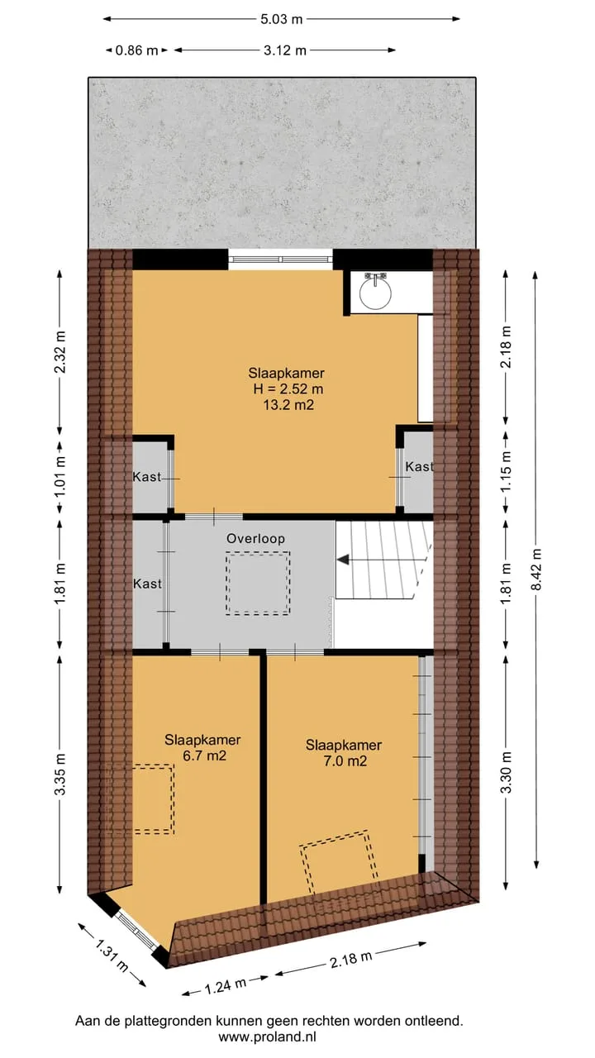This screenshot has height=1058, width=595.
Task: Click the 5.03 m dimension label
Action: click(x=282, y=19)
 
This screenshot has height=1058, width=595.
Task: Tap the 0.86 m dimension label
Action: click(x=136, y=50)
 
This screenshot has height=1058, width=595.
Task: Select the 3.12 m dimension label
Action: click(x=285, y=50)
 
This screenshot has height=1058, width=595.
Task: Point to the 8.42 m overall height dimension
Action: click(x=536, y=570)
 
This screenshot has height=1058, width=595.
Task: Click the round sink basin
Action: click(x=375, y=293)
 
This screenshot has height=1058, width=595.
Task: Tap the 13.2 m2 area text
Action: click(x=288, y=405)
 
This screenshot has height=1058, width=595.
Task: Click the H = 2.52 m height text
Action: click(x=288, y=388)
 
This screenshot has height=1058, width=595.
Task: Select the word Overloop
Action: click(x=255, y=538)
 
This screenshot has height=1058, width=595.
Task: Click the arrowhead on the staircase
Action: click(x=343, y=560)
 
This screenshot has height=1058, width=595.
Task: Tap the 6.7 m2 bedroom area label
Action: click(x=204, y=755)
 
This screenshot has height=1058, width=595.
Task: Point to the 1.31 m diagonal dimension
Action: click(x=112, y=956)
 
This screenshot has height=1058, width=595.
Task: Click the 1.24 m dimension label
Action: click(x=226, y=985)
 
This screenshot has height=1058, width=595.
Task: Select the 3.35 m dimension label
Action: click(x=60, y=774)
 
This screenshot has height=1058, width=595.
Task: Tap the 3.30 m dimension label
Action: click(x=506, y=773)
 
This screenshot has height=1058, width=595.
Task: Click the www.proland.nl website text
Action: click(x=267, y=1037)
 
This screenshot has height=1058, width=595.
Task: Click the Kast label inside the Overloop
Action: click(x=147, y=584)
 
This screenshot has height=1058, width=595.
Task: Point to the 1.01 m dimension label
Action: click(x=60, y=477)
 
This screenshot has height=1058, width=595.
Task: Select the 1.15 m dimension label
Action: click(x=506, y=471)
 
